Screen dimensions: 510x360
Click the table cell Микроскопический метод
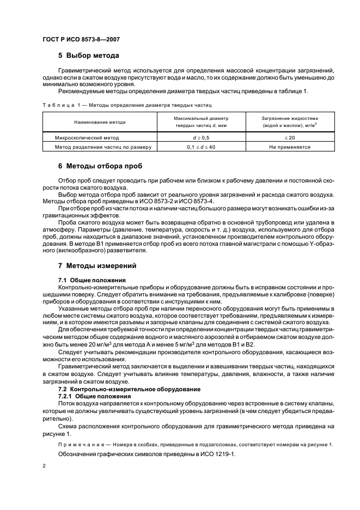coord(89,138)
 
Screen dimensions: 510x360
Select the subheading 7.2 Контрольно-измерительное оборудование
coord(126,389)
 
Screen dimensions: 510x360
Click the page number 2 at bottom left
coord(45,467)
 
